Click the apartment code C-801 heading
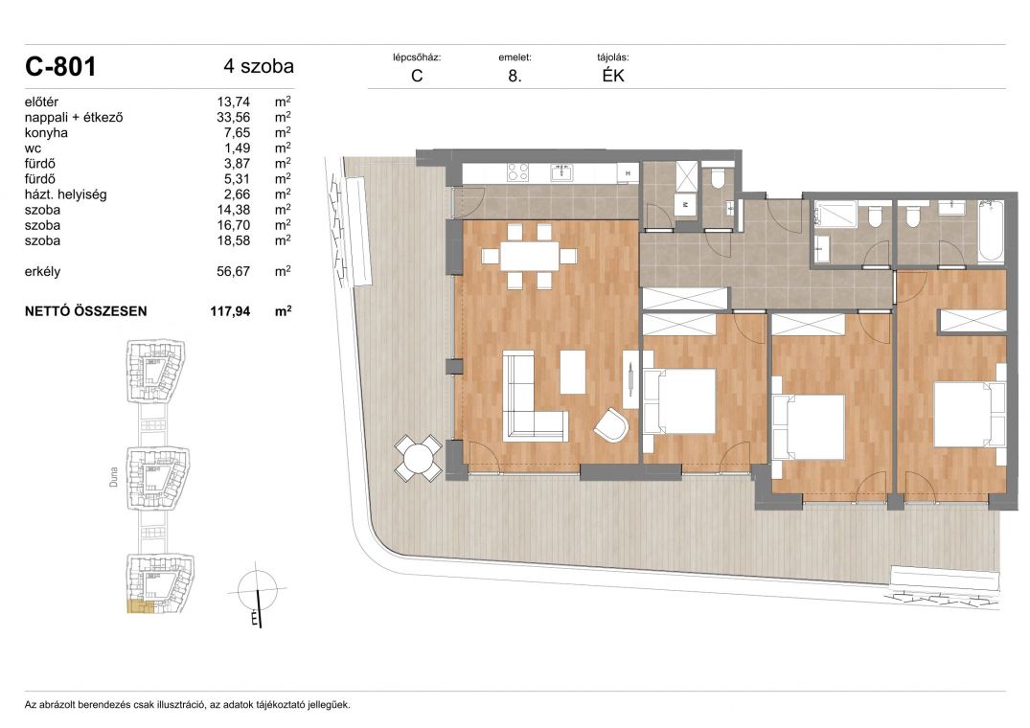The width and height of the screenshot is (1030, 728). tap(60, 66)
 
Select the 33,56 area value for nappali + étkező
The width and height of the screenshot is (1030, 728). tap(233, 118)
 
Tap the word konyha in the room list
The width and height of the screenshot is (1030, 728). tap(46, 132)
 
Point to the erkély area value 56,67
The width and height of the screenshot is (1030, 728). tap(233, 271)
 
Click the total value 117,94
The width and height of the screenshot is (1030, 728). tap(230, 311)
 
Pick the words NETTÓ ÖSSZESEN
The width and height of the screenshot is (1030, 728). tap(85, 311)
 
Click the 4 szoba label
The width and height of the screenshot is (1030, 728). tap(258, 66)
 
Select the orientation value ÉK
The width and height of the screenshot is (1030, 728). tap(613, 76)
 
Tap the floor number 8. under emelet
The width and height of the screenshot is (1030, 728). tap(515, 76)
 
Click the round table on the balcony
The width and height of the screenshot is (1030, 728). tap(418, 458)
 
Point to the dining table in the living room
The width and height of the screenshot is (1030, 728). tap(529, 256)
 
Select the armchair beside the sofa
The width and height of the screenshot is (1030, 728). tap(611, 424)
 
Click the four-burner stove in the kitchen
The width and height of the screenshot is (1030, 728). tap(517, 172)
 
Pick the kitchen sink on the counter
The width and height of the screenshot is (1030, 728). tap(561, 172)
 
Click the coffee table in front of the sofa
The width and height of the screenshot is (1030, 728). tap(573, 373)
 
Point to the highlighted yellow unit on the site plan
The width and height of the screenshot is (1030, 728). tap(140, 606)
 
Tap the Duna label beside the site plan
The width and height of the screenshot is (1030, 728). tap(114, 477)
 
